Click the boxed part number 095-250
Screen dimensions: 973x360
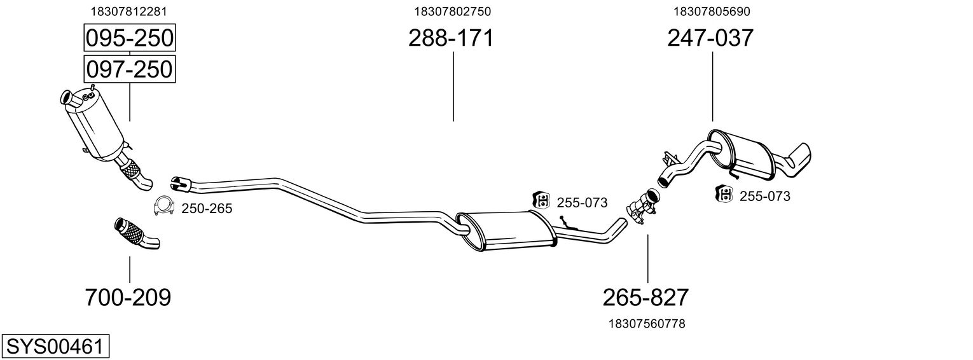point(130,38)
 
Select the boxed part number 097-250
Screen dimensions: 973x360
point(130,69)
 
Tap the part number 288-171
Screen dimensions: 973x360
point(451,38)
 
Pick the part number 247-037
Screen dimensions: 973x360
point(710,38)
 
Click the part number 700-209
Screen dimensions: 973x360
point(128,298)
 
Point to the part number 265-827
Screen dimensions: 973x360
point(645,298)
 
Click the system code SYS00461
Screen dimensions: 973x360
point(55,347)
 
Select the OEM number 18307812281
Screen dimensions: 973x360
point(128,11)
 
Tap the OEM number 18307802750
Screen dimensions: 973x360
point(453,11)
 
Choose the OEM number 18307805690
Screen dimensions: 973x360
point(712,11)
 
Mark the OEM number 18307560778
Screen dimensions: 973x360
point(647,324)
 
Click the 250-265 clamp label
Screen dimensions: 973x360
point(207,209)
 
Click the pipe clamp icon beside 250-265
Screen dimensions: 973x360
point(163,206)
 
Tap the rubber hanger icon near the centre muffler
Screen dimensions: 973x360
point(541,200)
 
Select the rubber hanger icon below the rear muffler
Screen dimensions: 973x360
point(724,194)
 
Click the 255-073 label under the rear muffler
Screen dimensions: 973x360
point(765,197)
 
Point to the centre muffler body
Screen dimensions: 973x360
point(506,231)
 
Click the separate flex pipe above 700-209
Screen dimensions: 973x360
point(137,233)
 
